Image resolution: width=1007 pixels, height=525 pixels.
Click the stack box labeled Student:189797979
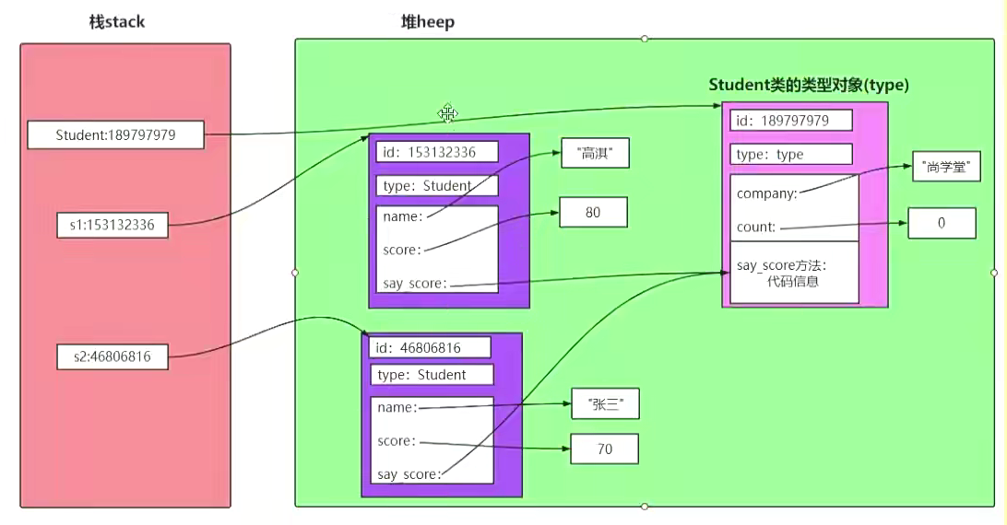[x=115, y=136]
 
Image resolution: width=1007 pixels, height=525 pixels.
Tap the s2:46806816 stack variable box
[x=111, y=356]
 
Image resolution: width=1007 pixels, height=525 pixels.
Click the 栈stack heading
[x=110, y=21]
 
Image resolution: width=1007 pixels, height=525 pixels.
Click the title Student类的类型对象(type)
[x=809, y=85]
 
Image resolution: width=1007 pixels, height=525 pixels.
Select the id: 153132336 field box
[x=437, y=151]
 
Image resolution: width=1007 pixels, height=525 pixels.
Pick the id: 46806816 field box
[x=430, y=347]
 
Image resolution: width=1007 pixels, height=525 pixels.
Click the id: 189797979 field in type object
[x=791, y=121]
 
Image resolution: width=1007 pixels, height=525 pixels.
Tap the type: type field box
[x=791, y=155]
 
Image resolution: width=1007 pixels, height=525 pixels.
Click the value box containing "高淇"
[x=595, y=153]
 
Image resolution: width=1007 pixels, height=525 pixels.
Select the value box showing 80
[x=593, y=212]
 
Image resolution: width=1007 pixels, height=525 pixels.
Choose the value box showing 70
[x=604, y=449]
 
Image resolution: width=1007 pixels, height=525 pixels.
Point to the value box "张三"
[x=605, y=403]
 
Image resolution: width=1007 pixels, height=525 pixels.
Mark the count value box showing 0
[x=942, y=223]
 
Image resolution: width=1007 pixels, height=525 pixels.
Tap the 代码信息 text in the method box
[x=793, y=282]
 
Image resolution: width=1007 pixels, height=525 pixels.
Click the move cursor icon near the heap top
[x=448, y=114]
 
